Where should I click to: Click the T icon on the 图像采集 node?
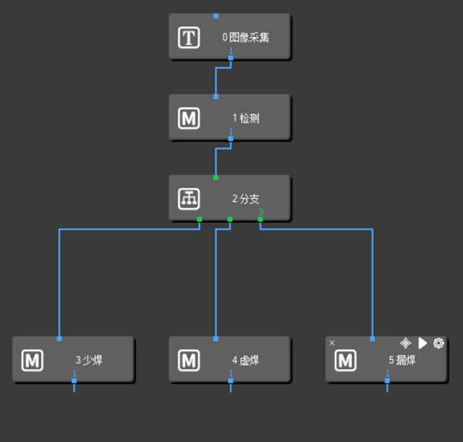tap(189, 37)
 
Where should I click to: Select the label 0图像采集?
tap(245, 37)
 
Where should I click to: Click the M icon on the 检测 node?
tap(189, 118)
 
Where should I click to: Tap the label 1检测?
tap(245, 118)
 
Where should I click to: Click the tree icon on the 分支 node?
tap(189, 199)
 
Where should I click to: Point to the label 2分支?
tap(245, 199)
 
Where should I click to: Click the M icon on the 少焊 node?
tap(33, 361)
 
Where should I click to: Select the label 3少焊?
tap(89, 361)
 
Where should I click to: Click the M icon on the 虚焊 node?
tap(189, 361)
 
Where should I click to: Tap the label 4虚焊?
tap(245, 361)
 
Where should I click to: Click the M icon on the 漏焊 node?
tap(345, 361)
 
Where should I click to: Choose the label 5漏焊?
tap(402, 361)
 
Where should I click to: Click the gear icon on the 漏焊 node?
tap(438, 343)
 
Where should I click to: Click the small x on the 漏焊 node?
tap(333, 343)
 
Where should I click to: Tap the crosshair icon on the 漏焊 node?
tap(406, 343)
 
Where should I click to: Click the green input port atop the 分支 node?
tap(215, 177)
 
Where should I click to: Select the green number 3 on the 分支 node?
tap(260, 213)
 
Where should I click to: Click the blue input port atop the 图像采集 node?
tap(215, 15)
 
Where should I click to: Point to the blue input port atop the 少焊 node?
tap(59, 338)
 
